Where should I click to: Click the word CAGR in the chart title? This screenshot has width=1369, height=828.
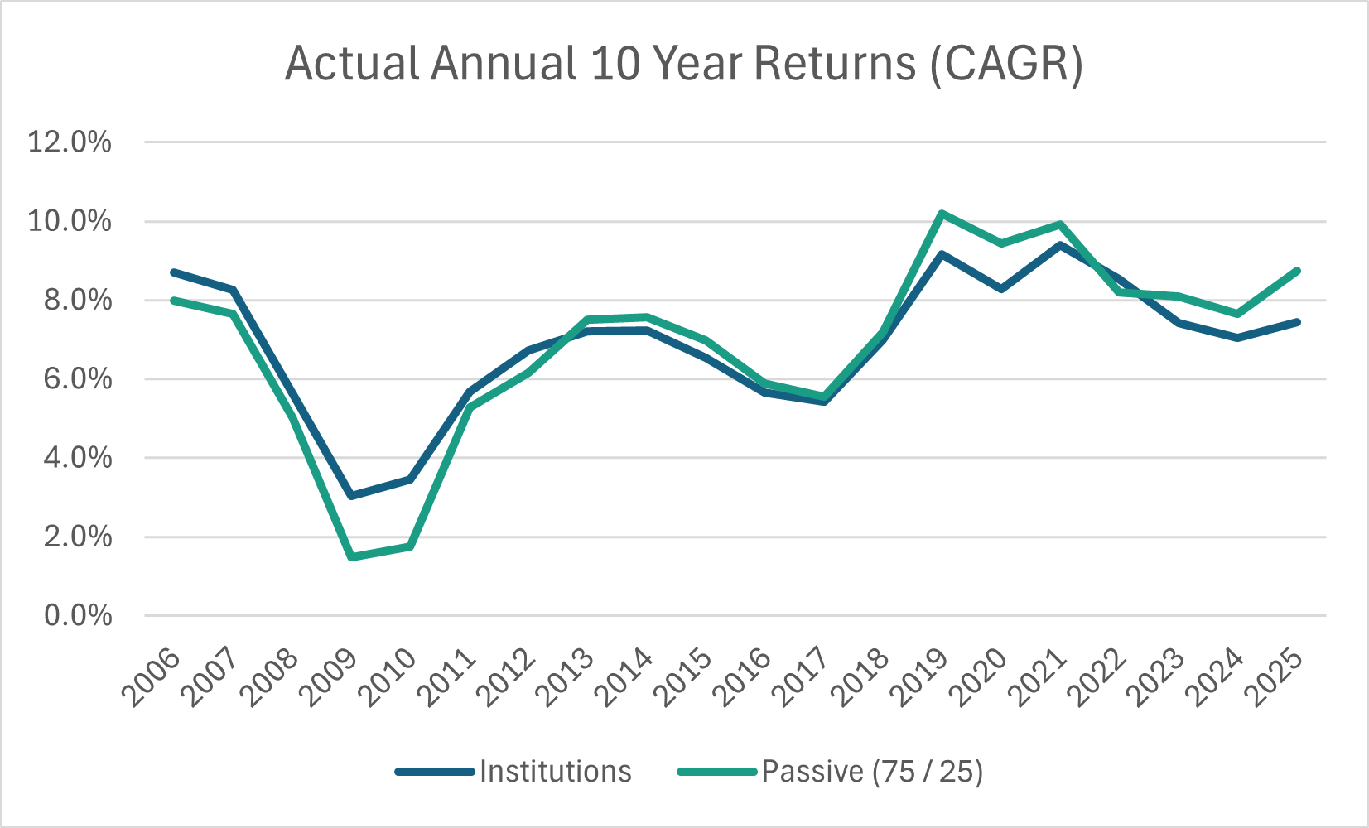[x=1005, y=64]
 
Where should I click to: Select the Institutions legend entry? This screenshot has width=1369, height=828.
[x=555, y=772]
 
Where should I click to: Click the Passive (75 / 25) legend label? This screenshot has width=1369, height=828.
[x=872, y=772]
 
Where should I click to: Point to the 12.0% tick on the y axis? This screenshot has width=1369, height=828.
[x=70, y=142]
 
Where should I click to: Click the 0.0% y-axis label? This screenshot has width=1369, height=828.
[x=78, y=616]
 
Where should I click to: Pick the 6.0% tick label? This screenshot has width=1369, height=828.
[x=78, y=379]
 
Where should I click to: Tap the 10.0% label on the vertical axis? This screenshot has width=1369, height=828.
[x=70, y=221]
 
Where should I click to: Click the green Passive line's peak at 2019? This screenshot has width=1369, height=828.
[x=942, y=214]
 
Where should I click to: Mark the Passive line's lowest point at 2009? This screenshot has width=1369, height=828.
[x=351, y=557]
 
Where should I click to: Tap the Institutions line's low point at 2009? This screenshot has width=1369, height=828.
[x=351, y=496]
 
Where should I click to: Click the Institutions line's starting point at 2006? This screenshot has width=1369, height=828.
[x=174, y=272]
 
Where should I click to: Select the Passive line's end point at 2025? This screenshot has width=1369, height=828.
[x=1297, y=271]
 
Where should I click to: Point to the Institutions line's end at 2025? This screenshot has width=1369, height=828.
[x=1297, y=322]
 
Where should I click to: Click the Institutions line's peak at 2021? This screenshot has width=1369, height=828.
[x=1061, y=245]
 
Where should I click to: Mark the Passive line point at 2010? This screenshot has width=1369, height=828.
[x=410, y=546]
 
